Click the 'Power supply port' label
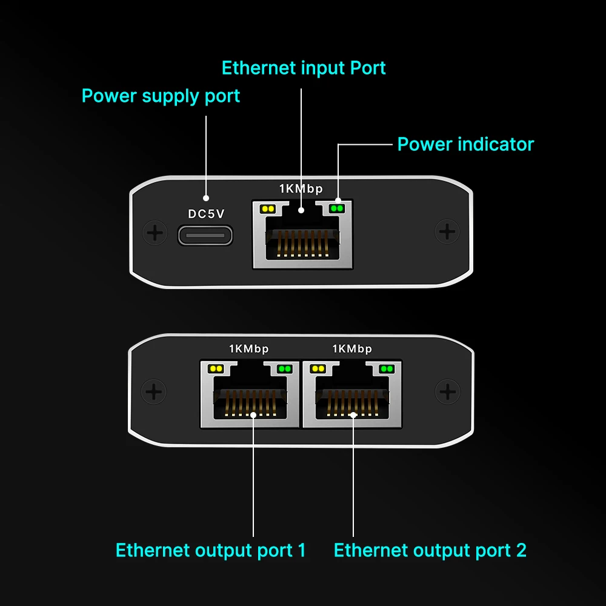pyautogui.click(x=161, y=96)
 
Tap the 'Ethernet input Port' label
pyautogui.click(x=304, y=68)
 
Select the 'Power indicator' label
pyautogui.click(x=465, y=145)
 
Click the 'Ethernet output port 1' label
pyautogui.click(x=211, y=550)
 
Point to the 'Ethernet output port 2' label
pyautogui.click(x=430, y=550)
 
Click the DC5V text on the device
pyautogui.click(x=206, y=214)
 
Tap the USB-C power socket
pyautogui.click(x=205, y=235)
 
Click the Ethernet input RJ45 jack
pyautogui.click(x=302, y=234)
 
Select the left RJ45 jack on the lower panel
pyautogui.click(x=250, y=395)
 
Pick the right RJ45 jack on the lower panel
pyautogui.click(x=352, y=395)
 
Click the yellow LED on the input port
pyautogui.click(x=268, y=209)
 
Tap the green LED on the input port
pyautogui.click(x=336, y=208)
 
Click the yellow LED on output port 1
pyautogui.click(x=216, y=368)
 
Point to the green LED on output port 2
pyautogui.click(x=387, y=368)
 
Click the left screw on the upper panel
pyautogui.click(x=155, y=233)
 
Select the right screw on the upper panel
pyautogui.click(x=447, y=232)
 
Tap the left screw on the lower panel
pyautogui.click(x=154, y=392)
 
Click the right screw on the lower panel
pyautogui.click(x=448, y=391)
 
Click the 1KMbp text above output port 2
pyautogui.click(x=352, y=349)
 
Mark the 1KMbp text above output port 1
pyautogui.click(x=249, y=349)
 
